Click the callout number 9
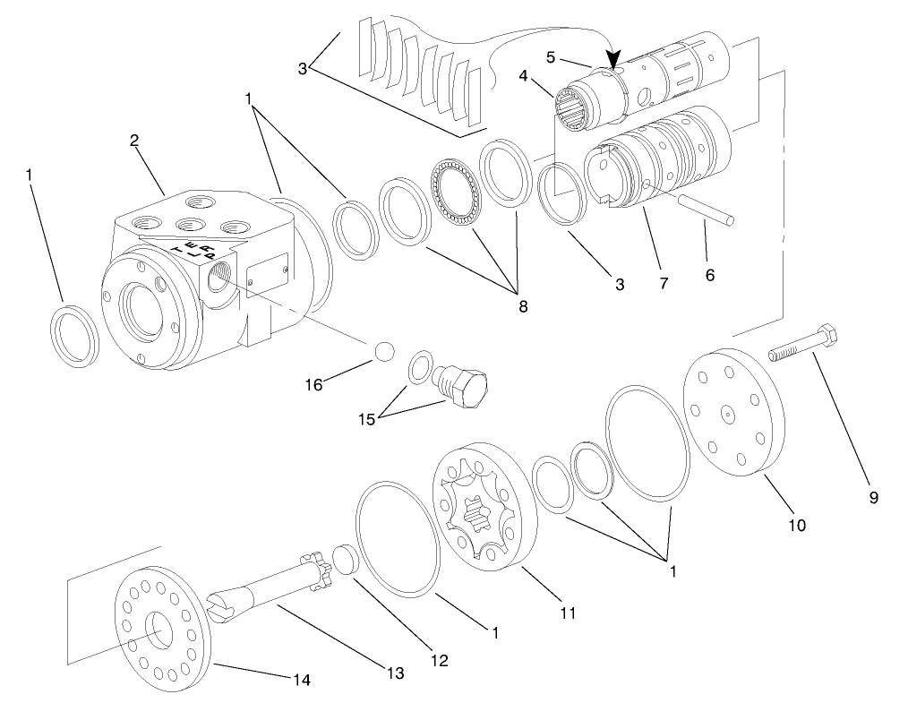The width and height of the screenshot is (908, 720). [x=873, y=497]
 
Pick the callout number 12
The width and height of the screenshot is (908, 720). [x=439, y=660]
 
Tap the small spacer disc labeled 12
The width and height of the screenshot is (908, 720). [x=345, y=560]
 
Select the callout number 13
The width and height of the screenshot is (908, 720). [x=395, y=672]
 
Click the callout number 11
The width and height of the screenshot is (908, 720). [x=568, y=613]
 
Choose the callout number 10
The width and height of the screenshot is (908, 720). [x=796, y=525]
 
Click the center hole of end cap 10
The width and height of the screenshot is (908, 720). [x=731, y=413]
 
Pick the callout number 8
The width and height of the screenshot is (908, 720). [x=522, y=306]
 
